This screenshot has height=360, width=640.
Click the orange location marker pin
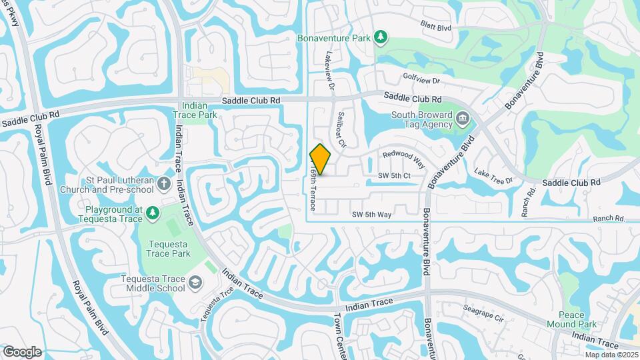point(321,159)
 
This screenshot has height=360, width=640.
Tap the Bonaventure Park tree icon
point(381,37)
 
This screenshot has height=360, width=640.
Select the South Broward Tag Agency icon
point(463,120)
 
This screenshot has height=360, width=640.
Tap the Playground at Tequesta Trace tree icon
point(153,213)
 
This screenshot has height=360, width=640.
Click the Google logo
point(22,351)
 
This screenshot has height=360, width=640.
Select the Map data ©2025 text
point(611,355)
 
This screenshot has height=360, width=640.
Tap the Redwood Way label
point(403,159)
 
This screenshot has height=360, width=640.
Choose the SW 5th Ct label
point(393,175)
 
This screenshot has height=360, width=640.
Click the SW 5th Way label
point(372,214)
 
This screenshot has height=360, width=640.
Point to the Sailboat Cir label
point(343,129)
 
